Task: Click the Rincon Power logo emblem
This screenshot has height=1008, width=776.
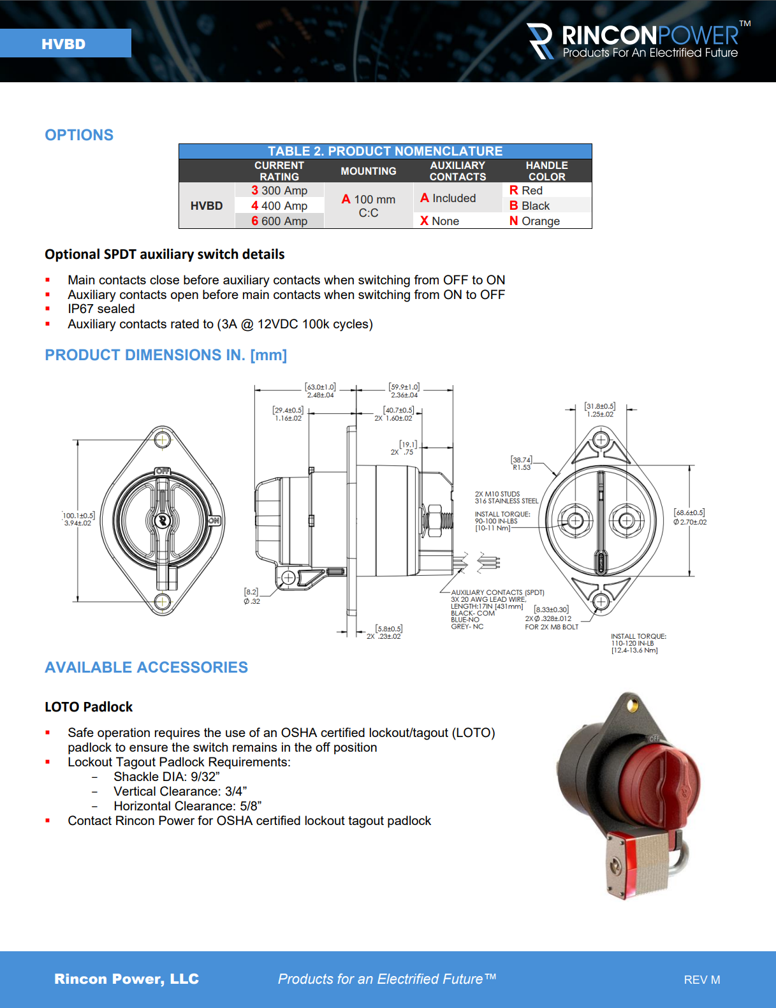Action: coord(541,41)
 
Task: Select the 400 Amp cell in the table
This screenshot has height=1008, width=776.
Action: coord(279,206)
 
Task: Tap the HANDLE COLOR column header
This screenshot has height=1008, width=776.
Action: coord(546,171)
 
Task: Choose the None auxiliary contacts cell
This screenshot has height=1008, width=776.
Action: coord(439,221)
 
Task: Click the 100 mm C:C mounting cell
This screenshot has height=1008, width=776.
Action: coord(369,206)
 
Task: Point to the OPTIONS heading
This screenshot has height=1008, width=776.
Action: coord(79,135)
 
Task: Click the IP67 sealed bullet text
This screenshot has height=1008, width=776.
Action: coord(101,309)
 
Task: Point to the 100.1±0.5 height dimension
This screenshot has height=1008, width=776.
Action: coord(78,519)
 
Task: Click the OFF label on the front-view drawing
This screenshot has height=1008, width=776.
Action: coord(163,471)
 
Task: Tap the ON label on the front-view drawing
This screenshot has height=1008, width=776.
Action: coord(214,521)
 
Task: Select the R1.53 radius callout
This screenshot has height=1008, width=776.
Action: coord(521,464)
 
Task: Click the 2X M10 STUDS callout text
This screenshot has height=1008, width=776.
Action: coord(497,494)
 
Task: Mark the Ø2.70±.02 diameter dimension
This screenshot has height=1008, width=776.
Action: coord(689,517)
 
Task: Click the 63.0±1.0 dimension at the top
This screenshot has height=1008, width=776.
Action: coord(320,391)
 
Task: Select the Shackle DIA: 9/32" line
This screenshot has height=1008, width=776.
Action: coord(166,777)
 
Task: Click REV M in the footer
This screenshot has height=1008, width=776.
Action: coord(701,980)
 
